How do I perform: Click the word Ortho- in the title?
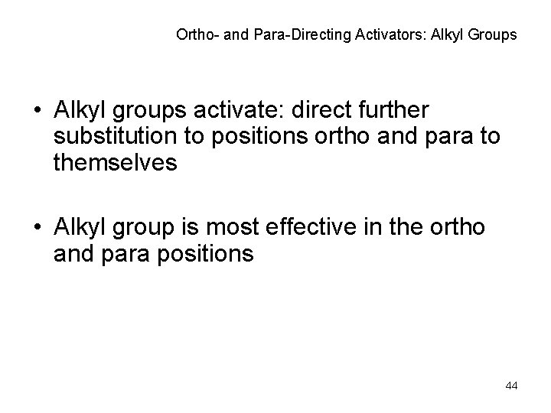(x=194, y=34)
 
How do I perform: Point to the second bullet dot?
(x=38, y=230)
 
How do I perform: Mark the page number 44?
(x=512, y=385)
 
